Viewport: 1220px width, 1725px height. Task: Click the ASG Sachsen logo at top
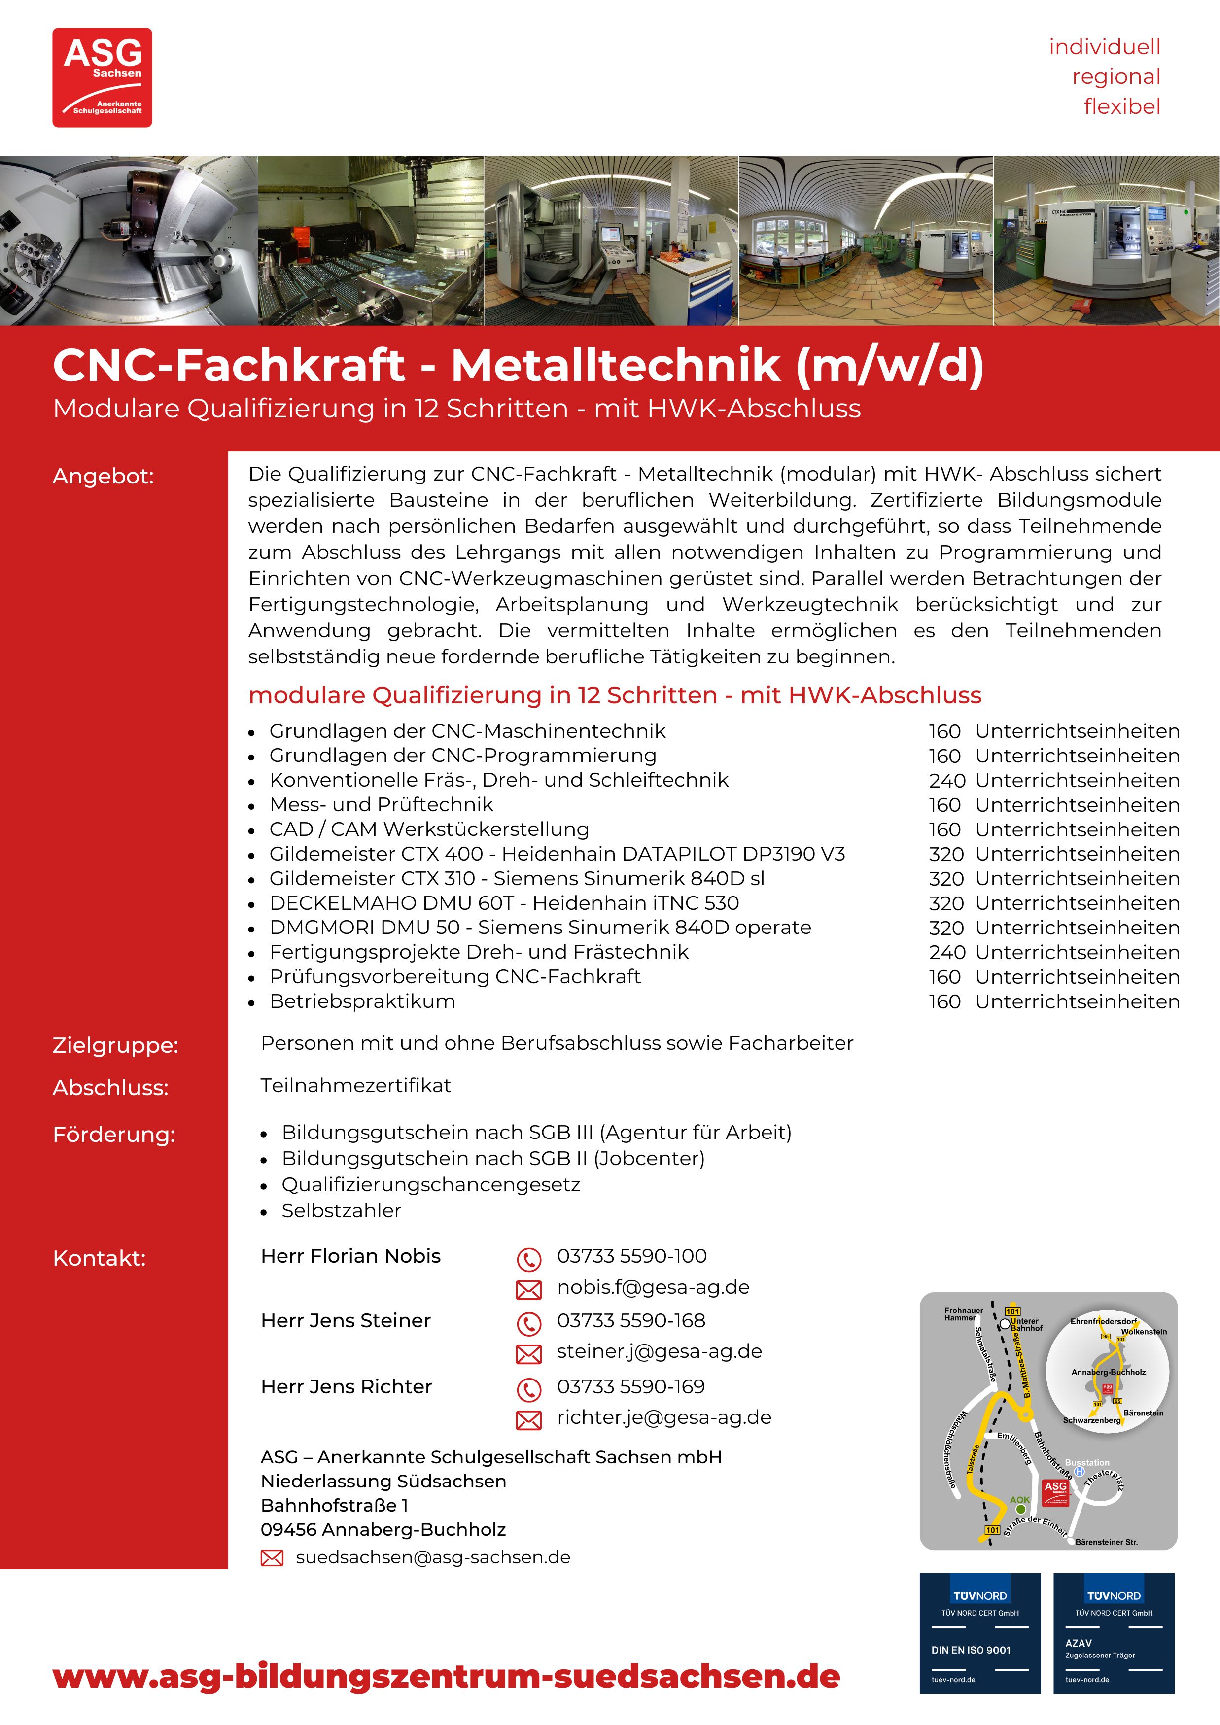point(102,77)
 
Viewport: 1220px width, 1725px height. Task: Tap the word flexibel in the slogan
point(1121,106)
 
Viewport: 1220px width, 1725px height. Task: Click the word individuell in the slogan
point(1104,47)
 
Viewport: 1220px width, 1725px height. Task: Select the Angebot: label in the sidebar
point(103,476)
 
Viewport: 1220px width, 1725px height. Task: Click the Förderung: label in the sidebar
point(113,1135)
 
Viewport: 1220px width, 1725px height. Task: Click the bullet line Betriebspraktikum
point(362,1001)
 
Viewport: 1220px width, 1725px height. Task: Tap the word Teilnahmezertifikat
point(355,1086)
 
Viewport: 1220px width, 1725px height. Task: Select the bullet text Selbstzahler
point(341,1211)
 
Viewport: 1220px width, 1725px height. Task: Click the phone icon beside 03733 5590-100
point(529,1258)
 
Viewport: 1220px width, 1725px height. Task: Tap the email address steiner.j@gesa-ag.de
point(659,1351)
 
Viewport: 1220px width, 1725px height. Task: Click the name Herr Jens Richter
point(347,1387)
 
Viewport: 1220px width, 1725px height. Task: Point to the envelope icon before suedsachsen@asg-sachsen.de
point(272,1558)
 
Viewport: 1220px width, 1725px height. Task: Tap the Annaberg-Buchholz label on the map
point(1108,1372)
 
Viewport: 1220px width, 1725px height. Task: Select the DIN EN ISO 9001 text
point(971,1650)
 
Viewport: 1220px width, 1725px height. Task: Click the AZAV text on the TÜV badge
point(1078,1643)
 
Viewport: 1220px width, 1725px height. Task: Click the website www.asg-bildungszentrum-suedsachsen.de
point(446,1676)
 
